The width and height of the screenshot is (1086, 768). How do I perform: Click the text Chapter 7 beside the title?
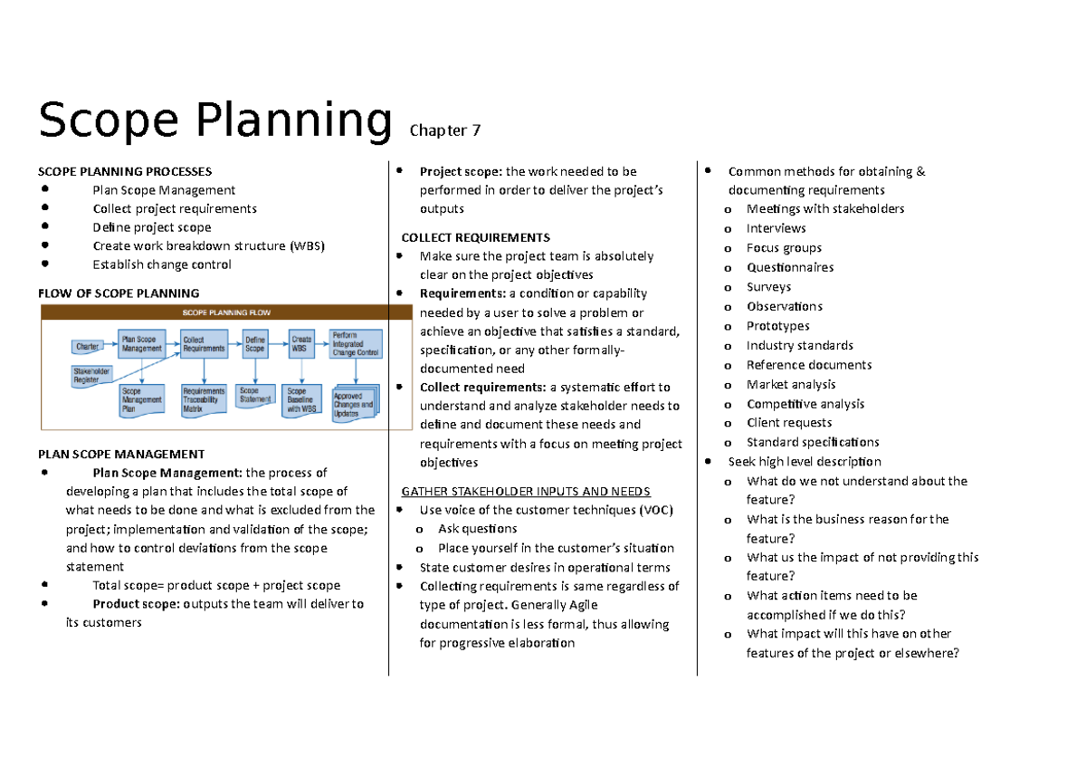pos(444,130)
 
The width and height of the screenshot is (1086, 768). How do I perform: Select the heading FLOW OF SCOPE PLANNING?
pos(118,293)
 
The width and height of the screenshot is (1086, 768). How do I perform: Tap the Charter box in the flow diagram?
pos(88,346)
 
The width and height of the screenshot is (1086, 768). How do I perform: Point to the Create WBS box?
pos(301,343)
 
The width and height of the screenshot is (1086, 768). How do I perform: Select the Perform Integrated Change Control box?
pos(355,343)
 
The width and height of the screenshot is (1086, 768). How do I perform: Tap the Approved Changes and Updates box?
pos(353,404)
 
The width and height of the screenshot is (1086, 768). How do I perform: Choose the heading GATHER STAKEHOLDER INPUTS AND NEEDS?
pos(525,492)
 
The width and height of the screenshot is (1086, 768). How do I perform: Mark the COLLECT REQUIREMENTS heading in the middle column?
pos(475,237)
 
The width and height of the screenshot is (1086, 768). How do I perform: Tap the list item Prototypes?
pos(777,326)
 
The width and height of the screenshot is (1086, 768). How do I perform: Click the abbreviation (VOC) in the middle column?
pos(655,510)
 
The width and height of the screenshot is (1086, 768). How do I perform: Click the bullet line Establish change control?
pos(161,264)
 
